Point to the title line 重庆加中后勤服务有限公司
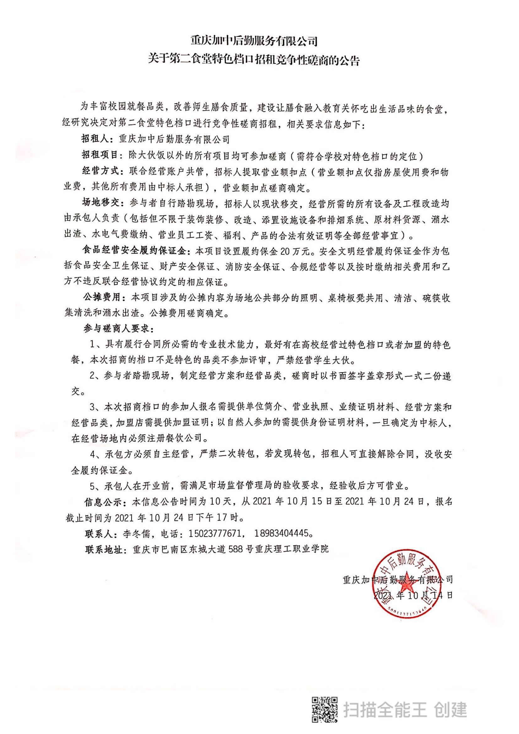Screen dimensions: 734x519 pos(254,41)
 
